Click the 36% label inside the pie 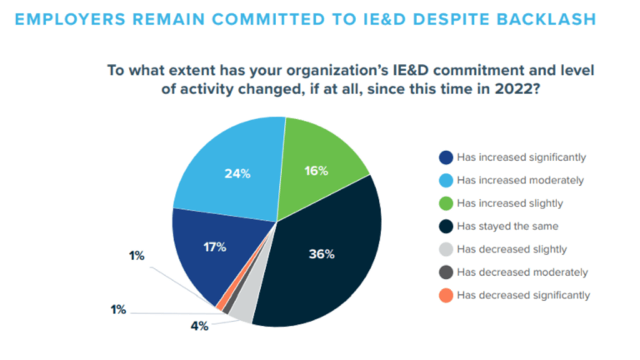pyautogui.click(x=322, y=254)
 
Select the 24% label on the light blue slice pyautogui.click(x=237, y=174)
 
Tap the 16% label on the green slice pyautogui.click(x=316, y=171)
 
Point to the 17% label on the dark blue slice pyautogui.click(x=215, y=247)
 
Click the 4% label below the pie pyautogui.click(x=200, y=326)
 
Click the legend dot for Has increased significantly pyautogui.click(x=446, y=157)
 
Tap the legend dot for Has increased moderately pyautogui.click(x=446, y=180)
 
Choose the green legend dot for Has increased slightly pyautogui.click(x=446, y=203)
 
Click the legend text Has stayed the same pyautogui.click(x=507, y=227)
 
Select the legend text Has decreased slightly pyautogui.click(x=512, y=249)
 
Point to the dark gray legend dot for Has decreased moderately pyautogui.click(x=446, y=272)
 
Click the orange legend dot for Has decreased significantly pyautogui.click(x=446, y=295)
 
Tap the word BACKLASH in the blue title pyautogui.click(x=547, y=19)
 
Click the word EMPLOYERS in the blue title pyautogui.click(x=70, y=19)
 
